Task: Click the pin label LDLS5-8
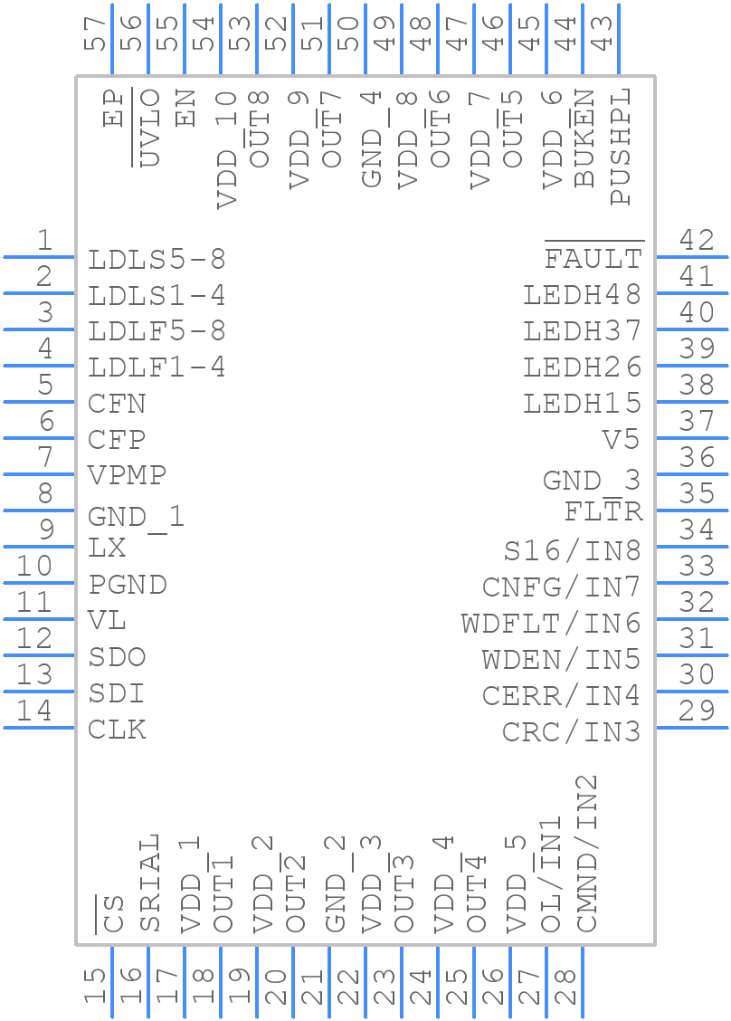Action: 157,260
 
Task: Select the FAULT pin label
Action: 593,260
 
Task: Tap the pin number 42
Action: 697,241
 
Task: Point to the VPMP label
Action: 128,475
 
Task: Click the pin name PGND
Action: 128,585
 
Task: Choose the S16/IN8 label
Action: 572,550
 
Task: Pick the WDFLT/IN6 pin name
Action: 551,623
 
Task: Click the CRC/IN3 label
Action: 572,731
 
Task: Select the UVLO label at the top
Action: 150,128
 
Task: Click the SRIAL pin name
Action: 150,883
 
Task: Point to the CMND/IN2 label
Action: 587,853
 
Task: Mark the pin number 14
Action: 35,711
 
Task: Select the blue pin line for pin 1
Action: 39,257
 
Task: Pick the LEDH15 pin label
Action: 583,404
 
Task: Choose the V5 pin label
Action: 622,440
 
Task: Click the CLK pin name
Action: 117,730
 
